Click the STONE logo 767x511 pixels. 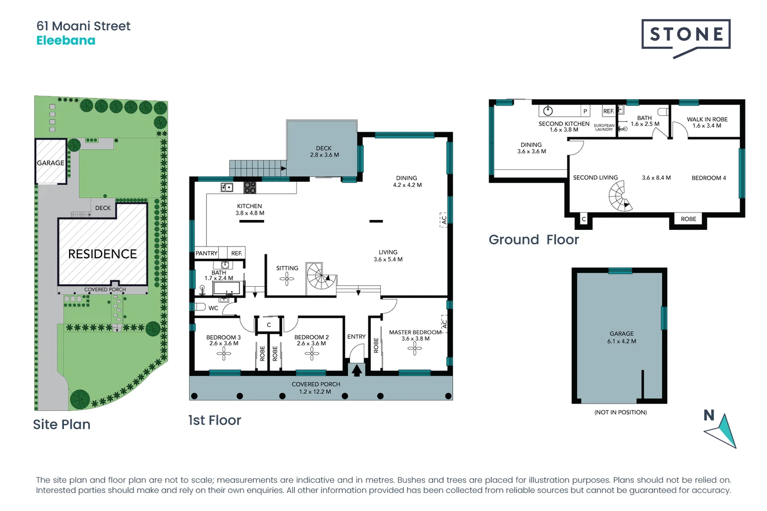[x=686, y=35]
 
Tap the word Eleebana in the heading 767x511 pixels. [x=66, y=41]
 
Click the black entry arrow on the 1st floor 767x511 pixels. [x=357, y=370]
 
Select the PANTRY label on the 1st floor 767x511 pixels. [x=206, y=254]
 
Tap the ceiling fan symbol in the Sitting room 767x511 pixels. [x=286, y=279]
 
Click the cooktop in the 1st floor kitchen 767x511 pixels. [x=250, y=187]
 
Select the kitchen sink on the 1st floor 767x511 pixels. [x=227, y=188]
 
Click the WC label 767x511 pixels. [x=214, y=308]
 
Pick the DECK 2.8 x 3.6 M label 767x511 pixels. [x=324, y=151]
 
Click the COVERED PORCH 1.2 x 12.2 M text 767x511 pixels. [x=316, y=388]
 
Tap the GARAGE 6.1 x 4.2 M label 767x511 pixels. [x=622, y=337]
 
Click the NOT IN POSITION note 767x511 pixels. [x=620, y=413]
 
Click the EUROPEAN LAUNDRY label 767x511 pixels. [x=604, y=127]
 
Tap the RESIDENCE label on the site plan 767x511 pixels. [x=102, y=254]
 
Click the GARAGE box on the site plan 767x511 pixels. [x=51, y=162]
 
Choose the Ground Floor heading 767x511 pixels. [x=534, y=240]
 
